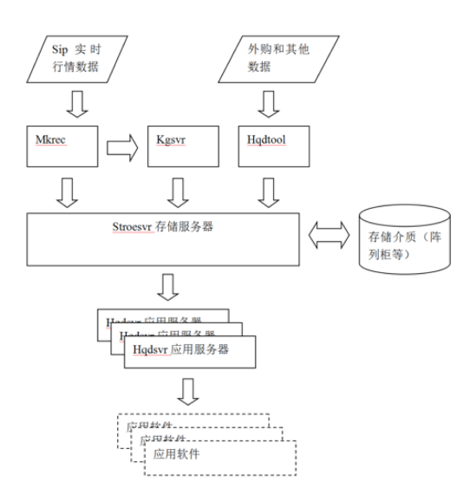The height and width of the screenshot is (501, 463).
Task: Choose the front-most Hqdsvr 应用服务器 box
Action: click(191, 351)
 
